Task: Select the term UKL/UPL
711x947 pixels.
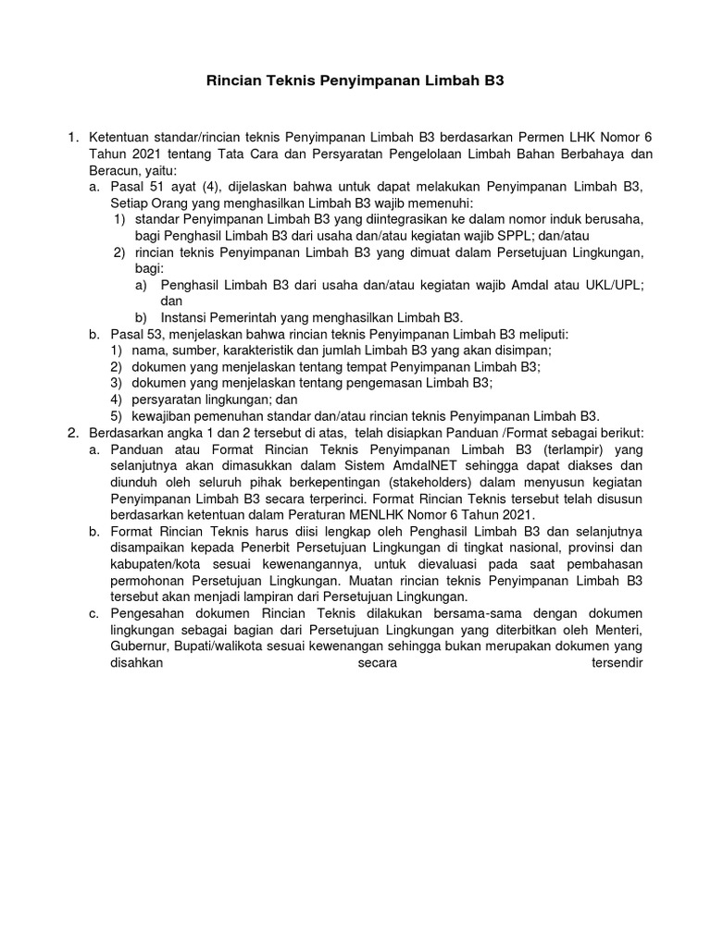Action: coord(615,285)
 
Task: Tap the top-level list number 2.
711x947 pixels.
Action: coord(72,432)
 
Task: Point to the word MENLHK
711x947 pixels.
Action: coord(388,514)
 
